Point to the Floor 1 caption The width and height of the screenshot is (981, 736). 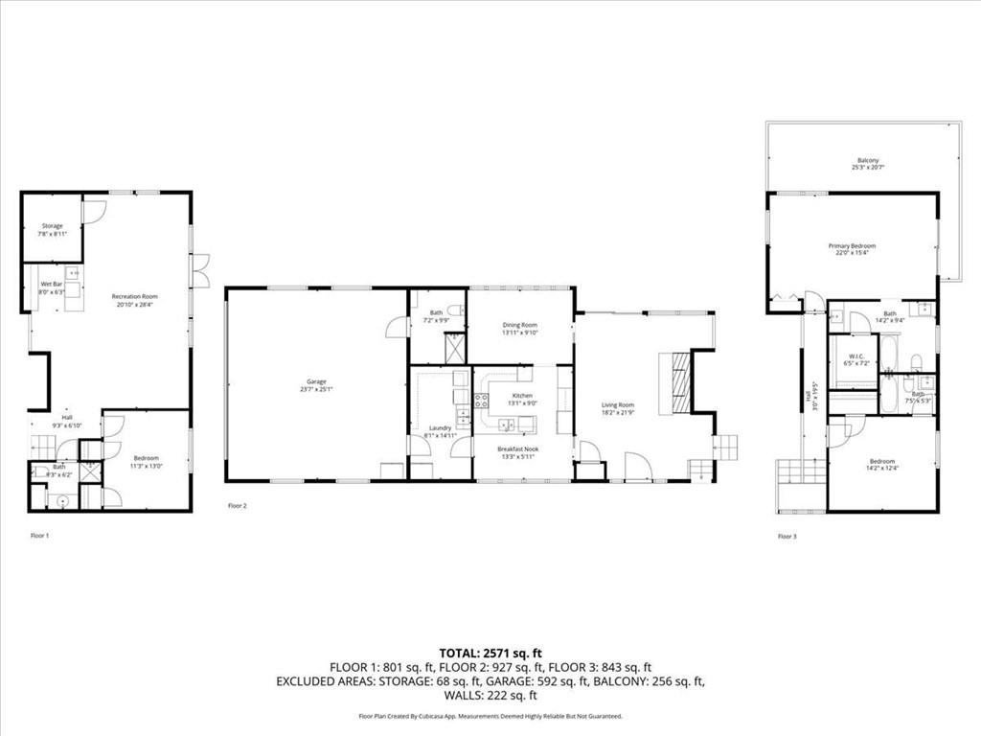pyautogui.click(x=39, y=536)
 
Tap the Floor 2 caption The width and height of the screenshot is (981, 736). pyautogui.click(x=238, y=505)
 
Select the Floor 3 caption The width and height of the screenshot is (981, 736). pyautogui.click(x=787, y=537)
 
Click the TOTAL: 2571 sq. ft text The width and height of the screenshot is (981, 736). pyautogui.click(x=490, y=653)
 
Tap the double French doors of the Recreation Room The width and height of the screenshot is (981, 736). pyautogui.click(x=199, y=271)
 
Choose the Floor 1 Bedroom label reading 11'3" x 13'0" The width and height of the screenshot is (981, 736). pyautogui.click(x=147, y=461)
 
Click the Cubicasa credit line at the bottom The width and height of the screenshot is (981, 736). pyautogui.click(x=490, y=716)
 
